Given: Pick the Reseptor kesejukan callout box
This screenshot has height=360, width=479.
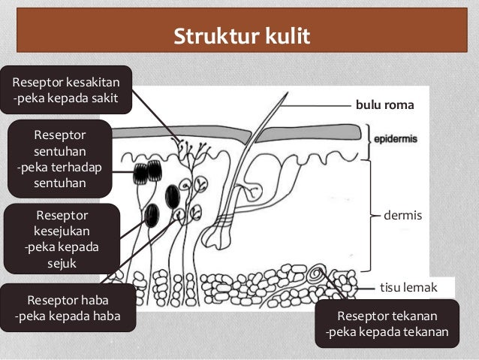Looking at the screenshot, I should coord(61,237).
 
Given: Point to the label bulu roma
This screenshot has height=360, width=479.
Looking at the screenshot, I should coord(384,106).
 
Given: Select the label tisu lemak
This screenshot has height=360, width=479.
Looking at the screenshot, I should coord(406,287).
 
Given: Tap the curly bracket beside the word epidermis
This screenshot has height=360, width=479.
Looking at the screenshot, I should coord(369,144).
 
